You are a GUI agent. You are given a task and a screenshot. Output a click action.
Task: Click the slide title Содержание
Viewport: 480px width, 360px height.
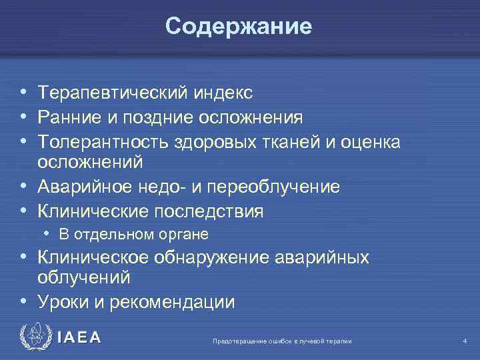click(239, 26)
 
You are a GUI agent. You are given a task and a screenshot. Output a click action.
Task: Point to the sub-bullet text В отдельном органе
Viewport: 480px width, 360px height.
click(134, 234)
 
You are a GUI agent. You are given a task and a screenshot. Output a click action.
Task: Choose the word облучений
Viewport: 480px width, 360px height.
click(83, 276)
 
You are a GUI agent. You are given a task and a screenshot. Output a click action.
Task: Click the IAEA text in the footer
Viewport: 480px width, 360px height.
click(79, 338)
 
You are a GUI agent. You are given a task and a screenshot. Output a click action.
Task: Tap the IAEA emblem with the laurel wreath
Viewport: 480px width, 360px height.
click(33, 337)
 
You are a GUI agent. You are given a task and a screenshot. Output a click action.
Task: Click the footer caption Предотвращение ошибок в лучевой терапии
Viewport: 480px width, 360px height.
click(282, 341)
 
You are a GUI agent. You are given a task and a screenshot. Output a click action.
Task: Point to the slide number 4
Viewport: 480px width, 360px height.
click(465, 341)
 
